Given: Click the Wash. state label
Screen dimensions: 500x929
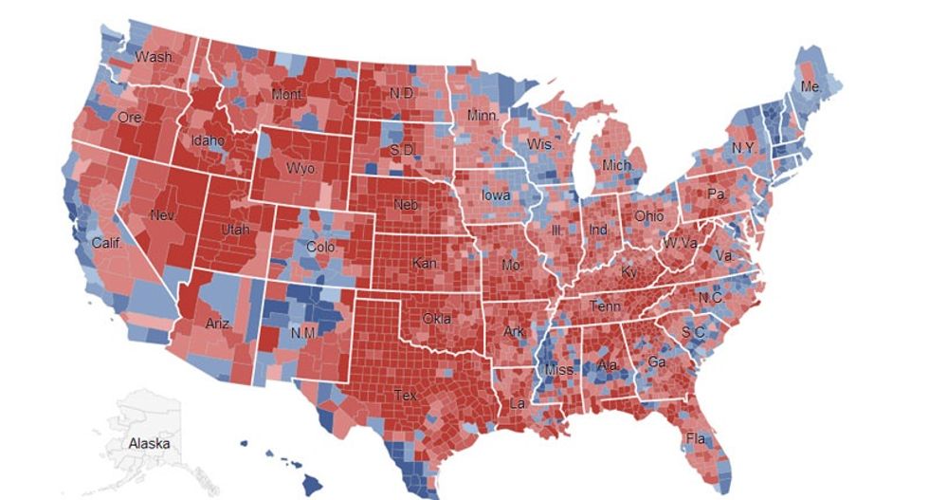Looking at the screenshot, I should point(154,58).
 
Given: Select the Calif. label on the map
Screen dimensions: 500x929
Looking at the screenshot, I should point(107,243).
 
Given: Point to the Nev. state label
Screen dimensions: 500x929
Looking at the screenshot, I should point(162,216).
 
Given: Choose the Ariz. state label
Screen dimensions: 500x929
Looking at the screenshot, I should point(219,324).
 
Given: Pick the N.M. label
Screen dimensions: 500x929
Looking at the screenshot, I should point(302,333).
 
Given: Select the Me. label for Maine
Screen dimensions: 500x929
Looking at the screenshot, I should point(811,86).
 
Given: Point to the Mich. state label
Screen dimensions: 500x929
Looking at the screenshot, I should point(616,166).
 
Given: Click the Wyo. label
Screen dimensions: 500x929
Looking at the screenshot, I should point(301,169).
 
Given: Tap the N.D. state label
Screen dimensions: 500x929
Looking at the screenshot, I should point(401,95).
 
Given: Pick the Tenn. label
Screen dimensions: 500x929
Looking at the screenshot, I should point(606,306).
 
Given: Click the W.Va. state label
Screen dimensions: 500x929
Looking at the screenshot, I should point(679,242).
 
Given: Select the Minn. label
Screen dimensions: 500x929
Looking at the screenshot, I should point(483,116).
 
